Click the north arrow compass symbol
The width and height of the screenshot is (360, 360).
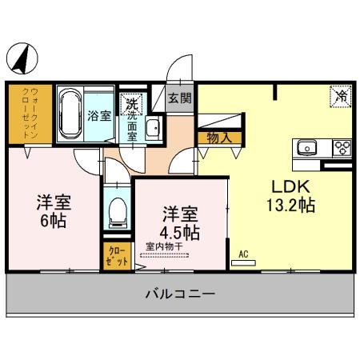coord(23,58)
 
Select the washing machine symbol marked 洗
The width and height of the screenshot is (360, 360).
coord(131,102)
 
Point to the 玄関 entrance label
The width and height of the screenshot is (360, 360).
coord(180,98)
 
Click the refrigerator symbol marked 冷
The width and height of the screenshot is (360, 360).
coord(341,97)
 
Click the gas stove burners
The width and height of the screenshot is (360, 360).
coord(342,147)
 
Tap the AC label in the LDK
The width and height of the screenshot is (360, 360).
coord(244,254)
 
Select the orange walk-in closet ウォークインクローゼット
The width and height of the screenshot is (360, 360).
coord(23,114)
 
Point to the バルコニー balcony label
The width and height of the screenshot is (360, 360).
coord(179,294)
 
